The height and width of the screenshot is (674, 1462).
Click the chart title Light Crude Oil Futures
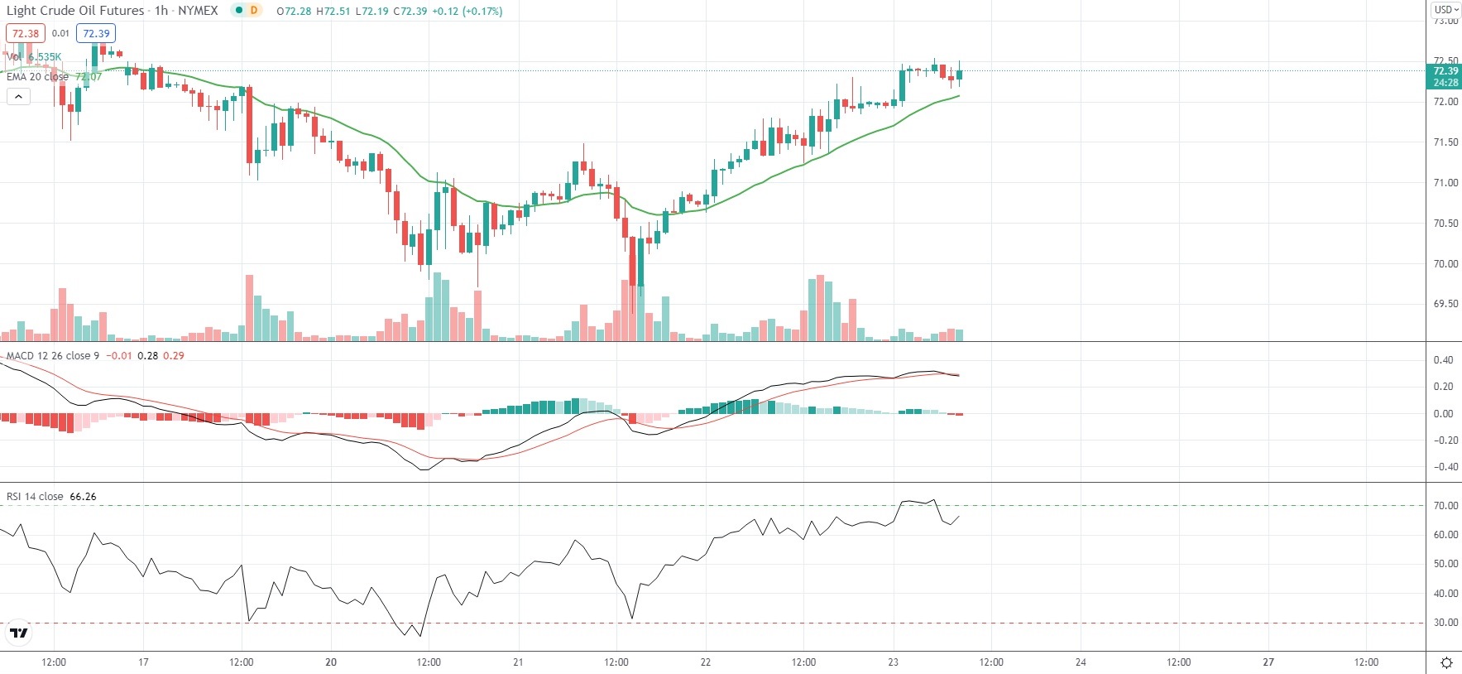pos(74,11)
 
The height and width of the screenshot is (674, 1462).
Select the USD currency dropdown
pos(1446,10)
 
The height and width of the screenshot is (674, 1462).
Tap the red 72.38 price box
pos(25,34)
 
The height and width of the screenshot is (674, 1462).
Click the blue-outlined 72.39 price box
pos(96,34)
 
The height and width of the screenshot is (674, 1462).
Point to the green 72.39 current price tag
pos(1445,72)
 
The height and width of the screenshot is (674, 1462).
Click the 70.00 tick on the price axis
pos(1445,264)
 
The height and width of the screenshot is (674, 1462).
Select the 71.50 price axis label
pos(1445,142)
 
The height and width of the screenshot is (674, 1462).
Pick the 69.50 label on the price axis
pos(1445,304)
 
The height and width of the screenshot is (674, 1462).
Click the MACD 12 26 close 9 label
pos(53,356)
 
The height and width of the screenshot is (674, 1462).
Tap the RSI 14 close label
pos(35,497)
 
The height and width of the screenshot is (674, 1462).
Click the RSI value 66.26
pos(83,497)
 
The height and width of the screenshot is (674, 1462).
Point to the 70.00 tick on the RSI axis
pos(1445,506)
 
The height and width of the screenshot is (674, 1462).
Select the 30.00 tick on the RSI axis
pos(1445,623)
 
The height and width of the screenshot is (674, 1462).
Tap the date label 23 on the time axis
pos(893,662)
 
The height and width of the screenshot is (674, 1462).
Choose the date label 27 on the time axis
pos(1268,662)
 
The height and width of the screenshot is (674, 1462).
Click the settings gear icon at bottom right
pos(1446,662)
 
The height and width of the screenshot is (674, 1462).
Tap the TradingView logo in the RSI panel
pos(18,633)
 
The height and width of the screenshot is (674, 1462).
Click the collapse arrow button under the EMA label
pos(18,97)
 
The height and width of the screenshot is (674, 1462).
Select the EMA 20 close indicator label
pos(37,77)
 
